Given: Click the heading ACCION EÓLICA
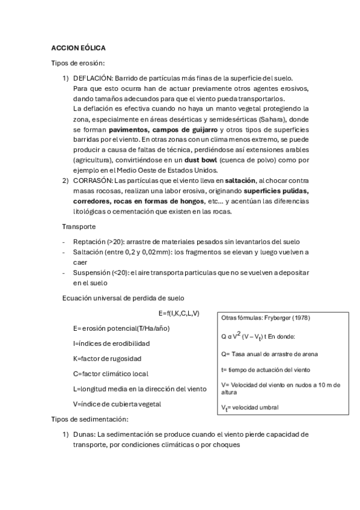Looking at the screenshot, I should pyautogui.click(x=78, y=48).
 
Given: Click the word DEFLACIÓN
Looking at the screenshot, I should pyautogui.click(x=92, y=78).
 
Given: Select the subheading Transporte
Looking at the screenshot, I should pyautogui.click(x=79, y=227).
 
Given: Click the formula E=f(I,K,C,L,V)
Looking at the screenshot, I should pyautogui.click(x=179, y=313).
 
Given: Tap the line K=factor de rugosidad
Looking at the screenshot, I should pyautogui.click(x=107, y=358).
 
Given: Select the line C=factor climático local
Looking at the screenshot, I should pyautogui.click(x=110, y=373).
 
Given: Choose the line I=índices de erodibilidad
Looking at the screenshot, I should pyautogui.click(x=111, y=343).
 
